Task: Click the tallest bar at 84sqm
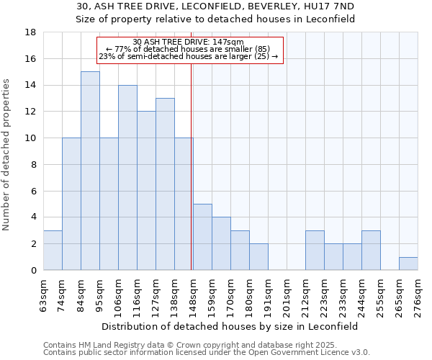pyautogui.click(x=90, y=171)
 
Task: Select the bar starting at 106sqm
pyautogui.click(x=127, y=177)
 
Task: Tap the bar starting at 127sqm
pyautogui.click(x=165, y=184)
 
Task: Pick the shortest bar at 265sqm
pyautogui.click(x=408, y=264)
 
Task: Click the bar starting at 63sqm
pyautogui.click(x=53, y=250)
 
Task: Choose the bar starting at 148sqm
pyautogui.click(x=202, y=237)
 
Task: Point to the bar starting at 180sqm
pyautogui.click(x=258, y=256)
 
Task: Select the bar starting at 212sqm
pyautogui.click(x=315, y=250)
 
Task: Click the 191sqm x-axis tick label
pyautogui.click(x=269, y=294)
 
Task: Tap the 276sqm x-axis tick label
pyautogui.click(x=418, y=294)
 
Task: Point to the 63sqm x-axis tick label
pyautogui.click(x=44, y=294)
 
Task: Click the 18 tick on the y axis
pyautogui.click(x=31, y=32)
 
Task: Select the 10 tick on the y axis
pyautogui.click(x=31, y=138)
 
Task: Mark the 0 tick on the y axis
pyautogui.click(x=34, y=270)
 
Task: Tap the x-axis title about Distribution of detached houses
pyautogui.click(x=230, y=326)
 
